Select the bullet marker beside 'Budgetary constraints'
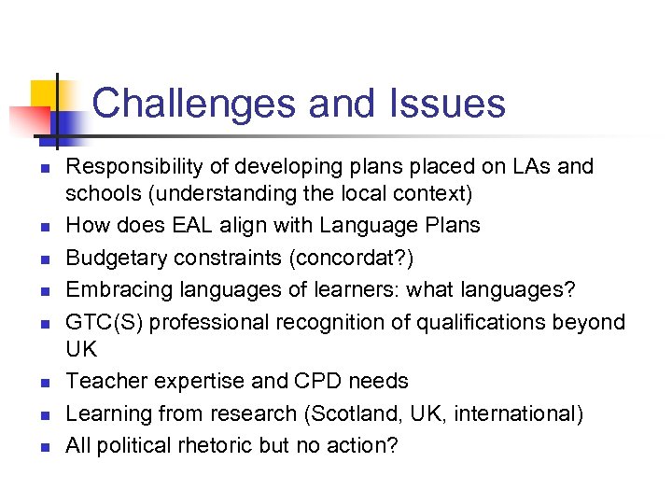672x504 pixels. (x=43, y=259)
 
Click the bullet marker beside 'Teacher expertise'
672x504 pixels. (x=43, y=383)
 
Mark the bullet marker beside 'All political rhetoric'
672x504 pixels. (x=43, y=447)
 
